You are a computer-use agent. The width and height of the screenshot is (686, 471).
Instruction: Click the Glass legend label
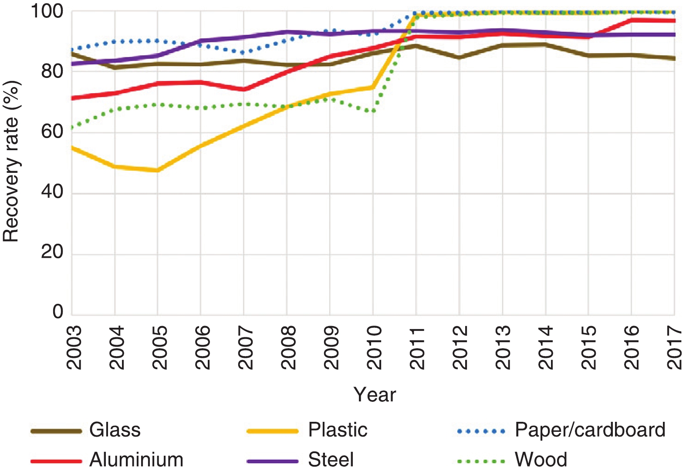tap(115, 430)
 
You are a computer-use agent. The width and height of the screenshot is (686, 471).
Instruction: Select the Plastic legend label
tap(338, 430)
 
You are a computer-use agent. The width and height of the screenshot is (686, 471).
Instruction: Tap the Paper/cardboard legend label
tap(590, 430)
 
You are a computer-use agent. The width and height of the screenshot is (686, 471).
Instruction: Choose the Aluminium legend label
tap(136, 460)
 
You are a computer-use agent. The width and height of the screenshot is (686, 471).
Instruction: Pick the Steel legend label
tap(331, 460)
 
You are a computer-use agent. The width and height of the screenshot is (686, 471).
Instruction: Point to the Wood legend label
tap(541, 460)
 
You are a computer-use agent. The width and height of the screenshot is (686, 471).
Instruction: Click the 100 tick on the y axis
tap(47, 11)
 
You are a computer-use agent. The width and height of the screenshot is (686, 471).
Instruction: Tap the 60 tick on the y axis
tap(52, 132)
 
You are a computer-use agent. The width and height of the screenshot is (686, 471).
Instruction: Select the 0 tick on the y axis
tap(58, 312)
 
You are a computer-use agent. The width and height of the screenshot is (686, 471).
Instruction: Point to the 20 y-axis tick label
tap(52, 252)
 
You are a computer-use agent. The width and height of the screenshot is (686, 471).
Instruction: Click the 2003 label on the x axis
tap(74, 347)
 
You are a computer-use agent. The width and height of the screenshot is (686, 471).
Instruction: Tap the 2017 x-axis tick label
tap(675, 347)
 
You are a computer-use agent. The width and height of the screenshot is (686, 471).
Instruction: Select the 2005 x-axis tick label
tap(160, 347)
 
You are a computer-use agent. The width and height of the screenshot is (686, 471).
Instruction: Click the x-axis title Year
tap(375, 395)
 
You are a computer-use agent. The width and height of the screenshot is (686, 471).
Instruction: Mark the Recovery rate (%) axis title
tap(11, 161)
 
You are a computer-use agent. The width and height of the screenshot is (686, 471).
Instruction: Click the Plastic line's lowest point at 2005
tap(157, 170)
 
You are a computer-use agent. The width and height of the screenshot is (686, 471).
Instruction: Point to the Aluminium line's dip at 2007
tap(243, 90)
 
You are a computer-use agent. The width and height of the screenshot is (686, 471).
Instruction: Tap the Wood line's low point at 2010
tap(373, 111)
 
